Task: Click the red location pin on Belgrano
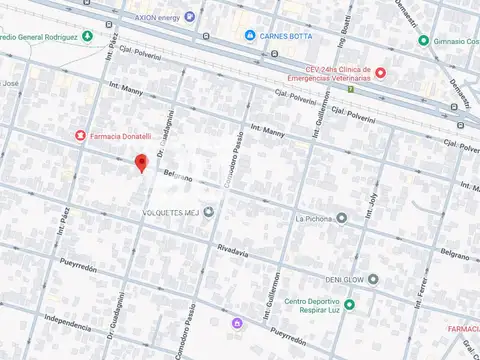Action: [142, 164]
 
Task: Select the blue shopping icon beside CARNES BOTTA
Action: [250, 37]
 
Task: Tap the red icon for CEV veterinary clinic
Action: [380, 72]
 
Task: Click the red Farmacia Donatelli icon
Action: [79, 135]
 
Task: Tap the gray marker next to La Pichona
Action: [342, 217]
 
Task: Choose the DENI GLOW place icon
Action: [373, 279]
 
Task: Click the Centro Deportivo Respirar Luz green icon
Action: [349, 304]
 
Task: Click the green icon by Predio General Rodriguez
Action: [87, 37]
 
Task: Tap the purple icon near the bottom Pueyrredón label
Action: [237, 323]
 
